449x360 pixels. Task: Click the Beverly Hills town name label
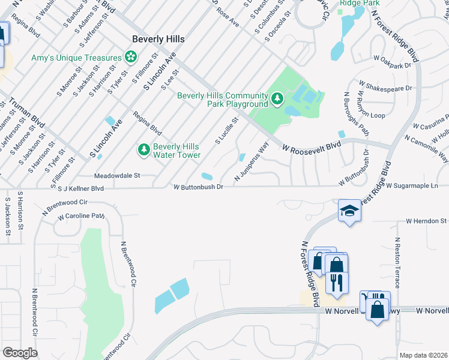158,39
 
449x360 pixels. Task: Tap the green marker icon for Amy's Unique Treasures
129,57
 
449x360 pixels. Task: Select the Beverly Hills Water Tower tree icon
143,149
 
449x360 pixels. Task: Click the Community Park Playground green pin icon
277,98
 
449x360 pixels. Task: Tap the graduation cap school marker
350,211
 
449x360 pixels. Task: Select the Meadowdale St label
117,176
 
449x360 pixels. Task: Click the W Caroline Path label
81,215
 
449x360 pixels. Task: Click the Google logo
20,353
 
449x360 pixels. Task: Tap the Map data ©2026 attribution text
423,355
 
